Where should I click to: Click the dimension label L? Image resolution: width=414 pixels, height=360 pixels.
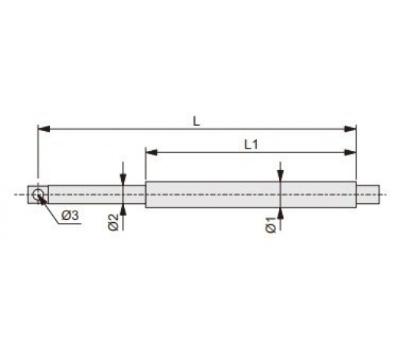coord(196,121)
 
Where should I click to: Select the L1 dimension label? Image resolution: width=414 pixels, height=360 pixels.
coord(251,145)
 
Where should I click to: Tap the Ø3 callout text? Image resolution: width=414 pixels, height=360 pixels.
coord(71,215)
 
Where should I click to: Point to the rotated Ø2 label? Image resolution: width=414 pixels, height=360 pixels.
coord(113,222)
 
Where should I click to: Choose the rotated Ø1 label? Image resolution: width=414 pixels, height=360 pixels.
coord(271,225)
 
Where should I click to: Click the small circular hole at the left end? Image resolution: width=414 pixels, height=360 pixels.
coord(38,195)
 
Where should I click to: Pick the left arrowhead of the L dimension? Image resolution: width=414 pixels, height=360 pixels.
coord(44,129)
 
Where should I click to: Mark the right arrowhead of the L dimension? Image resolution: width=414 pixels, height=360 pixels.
coord(350,129)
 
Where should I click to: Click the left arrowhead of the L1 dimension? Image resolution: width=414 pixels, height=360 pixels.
coord(152,152)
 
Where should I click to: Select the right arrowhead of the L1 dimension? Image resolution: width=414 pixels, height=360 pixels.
coord(350,152)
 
